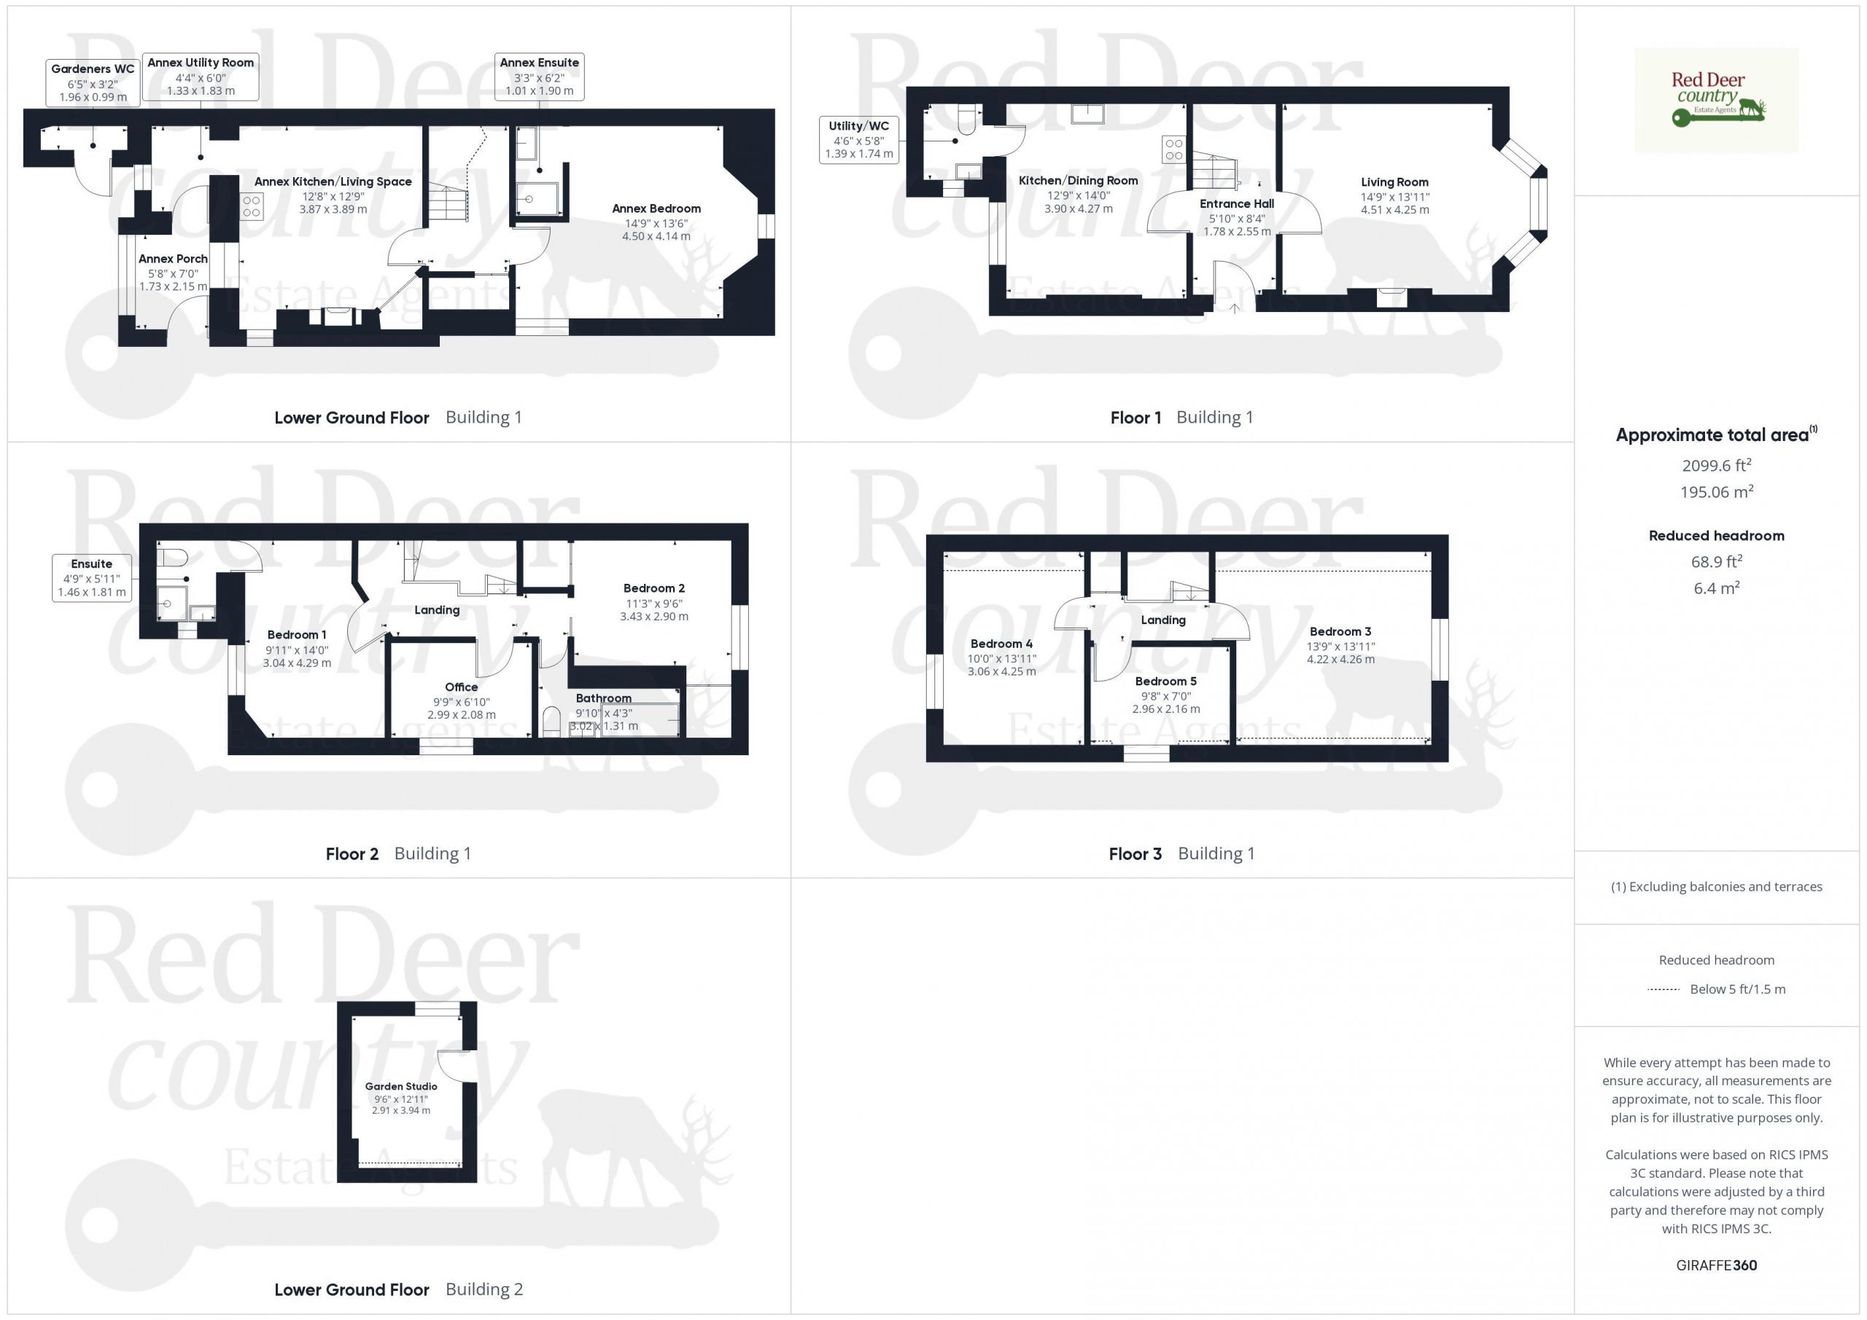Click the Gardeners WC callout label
[93, 82]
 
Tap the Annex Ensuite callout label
[539, 77]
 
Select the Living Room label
[1394, 182]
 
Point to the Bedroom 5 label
[1165, 681]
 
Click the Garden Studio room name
[401, 1086]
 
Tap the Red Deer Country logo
[1716, 100]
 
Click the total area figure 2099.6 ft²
[1717, 465]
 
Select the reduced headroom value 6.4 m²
[1717, 587]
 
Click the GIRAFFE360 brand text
[1717, 1265]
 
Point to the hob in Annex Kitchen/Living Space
[252, 206]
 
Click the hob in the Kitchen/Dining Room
[1173, 149]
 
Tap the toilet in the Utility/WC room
[968, 119]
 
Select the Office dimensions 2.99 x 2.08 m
[461, 714]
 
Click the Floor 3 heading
[1136, 854]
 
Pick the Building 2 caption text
[484, 1289]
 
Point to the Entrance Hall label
[1237, 204]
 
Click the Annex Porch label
[173, 259]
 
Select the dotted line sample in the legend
[1663, 989]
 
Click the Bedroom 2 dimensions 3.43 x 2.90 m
[653, 616]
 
